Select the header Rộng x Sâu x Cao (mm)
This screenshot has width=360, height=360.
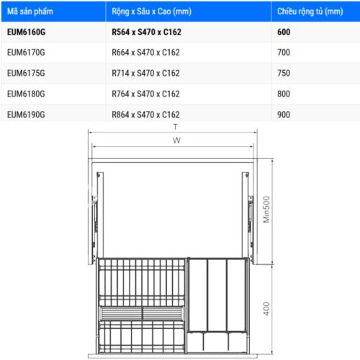tap(151, 12)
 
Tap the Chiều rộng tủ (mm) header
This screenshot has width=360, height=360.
tap(310, 12)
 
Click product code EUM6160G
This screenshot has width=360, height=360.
tap(26, 32)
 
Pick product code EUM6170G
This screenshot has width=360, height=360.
tap(26, 53)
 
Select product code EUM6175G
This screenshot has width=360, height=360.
tap(26, 73)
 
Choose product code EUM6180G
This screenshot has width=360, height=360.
tap(26, 94)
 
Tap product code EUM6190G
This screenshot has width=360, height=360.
tap(26, 114)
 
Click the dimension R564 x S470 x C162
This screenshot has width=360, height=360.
tap(146, 32)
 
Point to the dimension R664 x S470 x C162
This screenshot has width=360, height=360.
tap(145, 53)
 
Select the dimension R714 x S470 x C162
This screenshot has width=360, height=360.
tap(145, 73)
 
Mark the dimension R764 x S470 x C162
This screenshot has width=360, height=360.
tap(145, 94)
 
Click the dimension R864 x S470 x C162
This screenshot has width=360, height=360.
tap(145, 114)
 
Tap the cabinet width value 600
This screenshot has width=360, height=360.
tap(284, 32)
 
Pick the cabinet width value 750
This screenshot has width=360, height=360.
tap(284, 73)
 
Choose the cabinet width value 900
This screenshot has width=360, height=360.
tap(284, 114)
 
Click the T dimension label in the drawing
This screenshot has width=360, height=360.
tap(174, 127)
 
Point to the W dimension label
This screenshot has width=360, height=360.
tap(176, 140)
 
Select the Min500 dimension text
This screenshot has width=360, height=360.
tap(266, 210)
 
